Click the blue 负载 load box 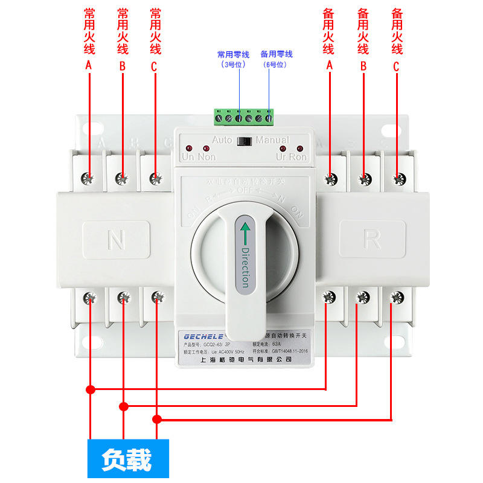point(127,458)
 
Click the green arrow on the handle point(245,232)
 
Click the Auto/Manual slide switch point(245,142)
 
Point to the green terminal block point(243,117)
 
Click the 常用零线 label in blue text point(233,54)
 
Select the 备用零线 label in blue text point(277,54)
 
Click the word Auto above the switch point(222,140)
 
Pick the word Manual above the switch point(272,140)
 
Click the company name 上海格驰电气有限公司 point(245,359)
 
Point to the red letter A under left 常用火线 point(89,66)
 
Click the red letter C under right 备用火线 point(396,68)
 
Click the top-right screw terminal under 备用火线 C point(398,178)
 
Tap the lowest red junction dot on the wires point(158,419)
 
